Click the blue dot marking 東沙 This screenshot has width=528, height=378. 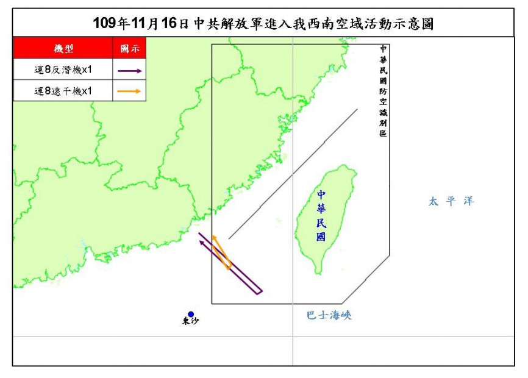click(x=191, y=315)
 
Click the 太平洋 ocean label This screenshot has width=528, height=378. click(x=451, y=201)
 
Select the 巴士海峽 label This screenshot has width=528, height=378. click(x=329, y=315)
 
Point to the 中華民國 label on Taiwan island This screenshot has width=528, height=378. click(x=321, y=216)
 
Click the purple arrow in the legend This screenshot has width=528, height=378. click(x=130, y=71)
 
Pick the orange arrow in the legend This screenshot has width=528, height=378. click(x=130, y=91)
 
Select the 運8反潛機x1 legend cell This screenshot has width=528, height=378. click(x=63, y=71)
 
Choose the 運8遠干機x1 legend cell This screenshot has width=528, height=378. click(x=63, y=91)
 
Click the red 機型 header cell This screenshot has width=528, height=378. click(x=63, y=48)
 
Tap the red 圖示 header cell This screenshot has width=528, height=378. click(x=129, y=48)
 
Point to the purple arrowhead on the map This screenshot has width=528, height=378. click(x=201, y=235)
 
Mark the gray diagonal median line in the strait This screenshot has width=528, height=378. click(x=293, y=174)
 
